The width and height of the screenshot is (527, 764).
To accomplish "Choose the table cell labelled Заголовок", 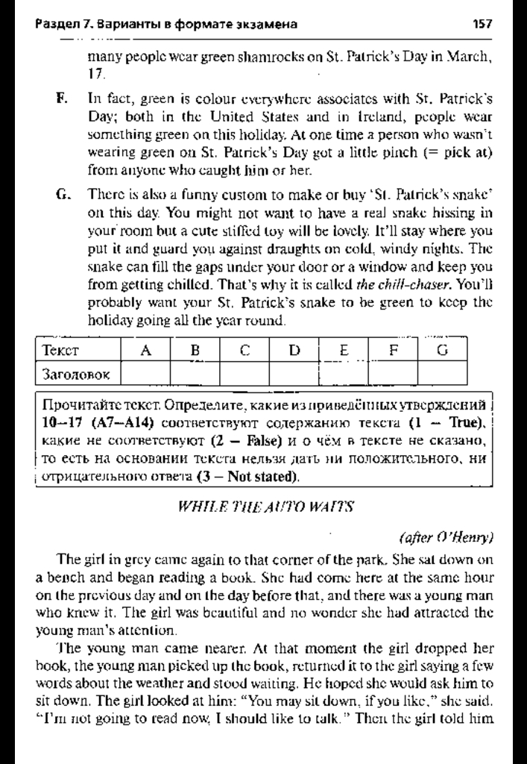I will pos(75,372).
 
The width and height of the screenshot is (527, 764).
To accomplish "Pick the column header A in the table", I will pos(146,350).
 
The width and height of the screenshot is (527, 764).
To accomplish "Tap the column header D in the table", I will pos(294,350).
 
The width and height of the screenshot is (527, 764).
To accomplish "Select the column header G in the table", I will pos(442,350).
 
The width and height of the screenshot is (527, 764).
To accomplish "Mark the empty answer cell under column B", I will pos(195,372).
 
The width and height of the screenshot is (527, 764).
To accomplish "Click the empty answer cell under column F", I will pos(393,372).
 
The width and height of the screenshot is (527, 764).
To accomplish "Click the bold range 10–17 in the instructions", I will pos(59,424).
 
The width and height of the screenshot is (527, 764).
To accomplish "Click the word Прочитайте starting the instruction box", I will pos(78,407).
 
